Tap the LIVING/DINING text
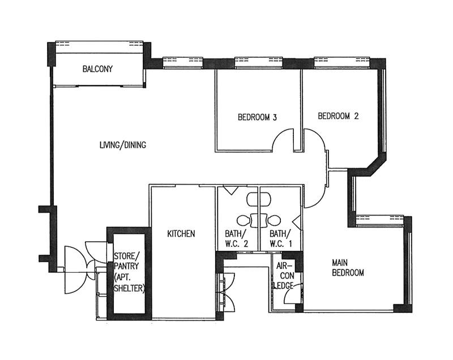tap(123, 145)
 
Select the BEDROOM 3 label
tap(257, 117)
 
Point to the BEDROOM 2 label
tap(338, 116)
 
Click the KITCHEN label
tap(181, 234)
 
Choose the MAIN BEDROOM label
tap(348, 268)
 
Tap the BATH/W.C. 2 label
tap(236, 238)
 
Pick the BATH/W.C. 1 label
tap(280, 238)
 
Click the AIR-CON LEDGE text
tap(285, 276)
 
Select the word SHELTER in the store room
tap(129, 288)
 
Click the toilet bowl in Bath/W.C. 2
tap(244, 221)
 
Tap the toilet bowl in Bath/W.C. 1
tap(273, 221)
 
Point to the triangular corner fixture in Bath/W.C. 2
tap(231, 190)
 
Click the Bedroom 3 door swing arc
tap(278, 135)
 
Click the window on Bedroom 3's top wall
tap(259, 63)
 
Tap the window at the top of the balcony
tap(99, 47)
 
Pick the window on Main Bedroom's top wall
tap(379, 221)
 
